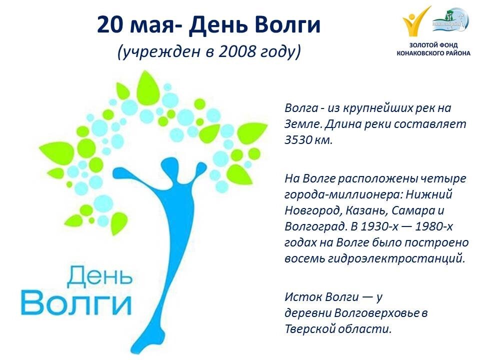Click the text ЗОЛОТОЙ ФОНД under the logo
coord(433,44)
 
